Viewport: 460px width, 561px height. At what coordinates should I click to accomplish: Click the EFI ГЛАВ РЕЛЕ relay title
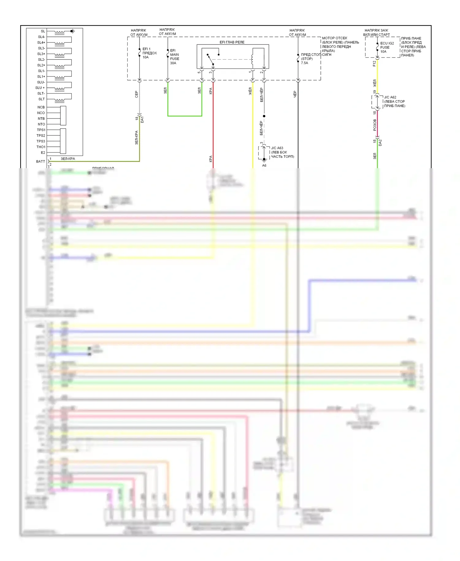pos(232,42)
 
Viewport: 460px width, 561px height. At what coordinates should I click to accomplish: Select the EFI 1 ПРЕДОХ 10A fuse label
pos(149,53)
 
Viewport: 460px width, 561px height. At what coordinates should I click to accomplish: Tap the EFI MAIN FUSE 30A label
pos(174,57)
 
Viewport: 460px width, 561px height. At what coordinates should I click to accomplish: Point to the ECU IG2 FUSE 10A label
pos(387,47)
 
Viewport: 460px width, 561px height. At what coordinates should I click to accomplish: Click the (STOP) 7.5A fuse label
pos(306,61)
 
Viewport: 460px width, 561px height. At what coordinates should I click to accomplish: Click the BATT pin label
pos(40,161)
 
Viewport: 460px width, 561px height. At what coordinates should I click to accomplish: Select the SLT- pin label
pos(41,93)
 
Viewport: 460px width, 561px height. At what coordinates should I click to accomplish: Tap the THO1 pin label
pos(41,147)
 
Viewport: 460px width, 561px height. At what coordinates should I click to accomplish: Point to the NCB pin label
pos(41,107)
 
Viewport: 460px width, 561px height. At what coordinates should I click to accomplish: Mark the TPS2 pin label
pos(41,136)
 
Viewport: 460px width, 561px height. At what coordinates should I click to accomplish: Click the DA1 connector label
pos(142,120)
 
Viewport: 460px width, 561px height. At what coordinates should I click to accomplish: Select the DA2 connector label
pos(380,142)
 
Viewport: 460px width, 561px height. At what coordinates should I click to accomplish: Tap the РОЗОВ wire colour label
pos(375,125)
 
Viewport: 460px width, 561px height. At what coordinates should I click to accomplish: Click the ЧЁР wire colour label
pos(295,94)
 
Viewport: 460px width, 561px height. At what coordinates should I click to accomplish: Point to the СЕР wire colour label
pos(137,94)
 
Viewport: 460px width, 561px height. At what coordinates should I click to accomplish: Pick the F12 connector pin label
pos(374,64)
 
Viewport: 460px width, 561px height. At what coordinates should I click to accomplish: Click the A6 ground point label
pos(264,165)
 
